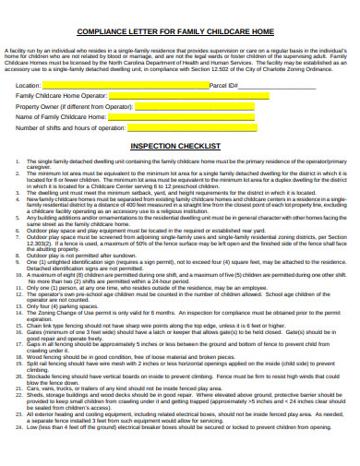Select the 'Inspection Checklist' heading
174,146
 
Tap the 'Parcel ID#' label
224,85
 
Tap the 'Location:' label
29,85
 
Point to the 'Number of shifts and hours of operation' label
69,127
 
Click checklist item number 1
18,161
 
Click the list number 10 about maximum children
18,275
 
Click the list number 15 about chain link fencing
18,325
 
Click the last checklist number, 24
18,428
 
